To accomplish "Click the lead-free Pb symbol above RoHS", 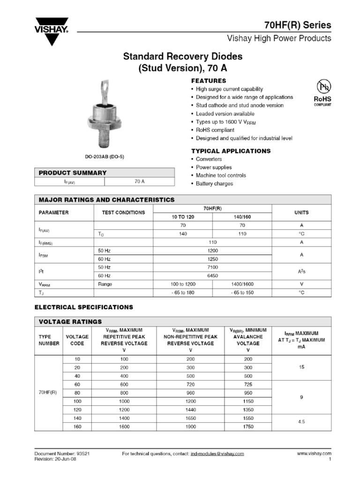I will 322,87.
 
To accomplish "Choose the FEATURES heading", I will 209,81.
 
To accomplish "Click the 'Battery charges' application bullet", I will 214,183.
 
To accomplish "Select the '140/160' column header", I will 242,217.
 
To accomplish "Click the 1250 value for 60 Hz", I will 213,259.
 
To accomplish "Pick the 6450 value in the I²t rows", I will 213,276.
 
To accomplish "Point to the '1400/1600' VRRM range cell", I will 242,284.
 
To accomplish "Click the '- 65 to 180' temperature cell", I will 183,292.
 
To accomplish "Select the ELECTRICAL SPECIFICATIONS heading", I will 84,307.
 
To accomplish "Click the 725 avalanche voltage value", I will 248,384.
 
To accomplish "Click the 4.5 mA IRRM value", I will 301,422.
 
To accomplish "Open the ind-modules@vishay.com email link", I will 217,454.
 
